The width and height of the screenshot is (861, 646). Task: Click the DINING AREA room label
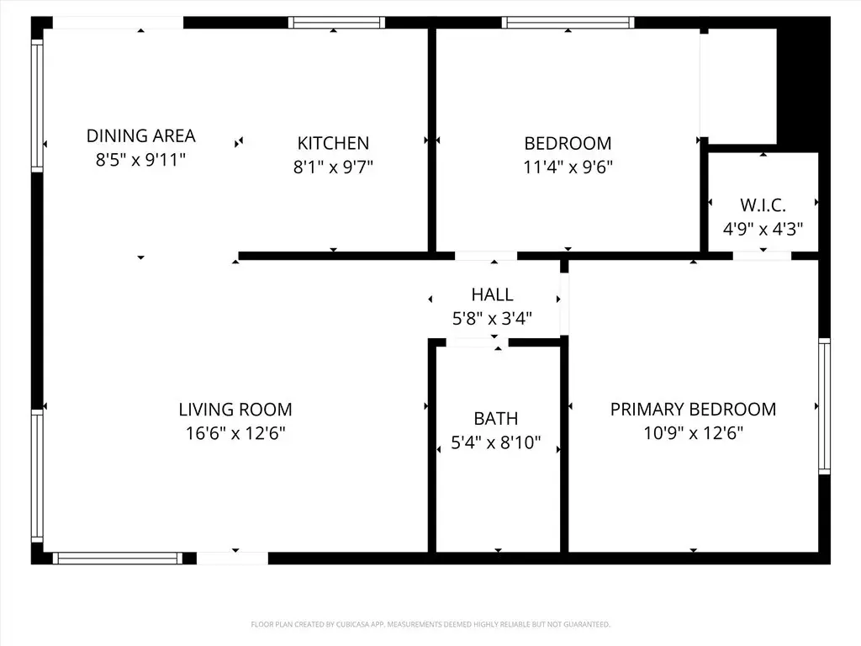click(x=140, y=135)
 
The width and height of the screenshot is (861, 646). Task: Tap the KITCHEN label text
click(x=333, y=143)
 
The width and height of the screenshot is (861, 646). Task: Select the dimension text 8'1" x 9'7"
click(x=333, y=167)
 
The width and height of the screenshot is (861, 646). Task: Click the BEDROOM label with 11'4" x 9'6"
click(x=568, y=143)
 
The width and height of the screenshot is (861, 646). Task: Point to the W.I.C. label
click(x=763, y=205)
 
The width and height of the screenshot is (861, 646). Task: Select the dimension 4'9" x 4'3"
click(x=763, y=229)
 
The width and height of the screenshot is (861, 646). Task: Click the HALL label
click(x=492, y=294)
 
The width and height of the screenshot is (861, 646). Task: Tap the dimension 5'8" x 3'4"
click(x=492, y=318)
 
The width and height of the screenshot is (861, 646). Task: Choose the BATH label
click(x=496, y=419)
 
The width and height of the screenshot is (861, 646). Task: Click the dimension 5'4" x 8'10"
click(x=496, y=442)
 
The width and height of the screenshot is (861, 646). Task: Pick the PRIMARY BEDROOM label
click(x=693, y=410)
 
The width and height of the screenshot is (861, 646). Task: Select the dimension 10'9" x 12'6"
click(x=693, y=433)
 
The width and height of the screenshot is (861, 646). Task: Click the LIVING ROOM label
click(x=235, y=410)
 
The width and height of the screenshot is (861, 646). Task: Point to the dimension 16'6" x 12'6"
click(x=235, y=433)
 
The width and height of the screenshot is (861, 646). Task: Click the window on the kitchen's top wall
click(x=336, y=23)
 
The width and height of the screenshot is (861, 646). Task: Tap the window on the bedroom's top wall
click(x=568, y=23)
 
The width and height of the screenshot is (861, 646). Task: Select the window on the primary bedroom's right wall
click(x=824, y=406)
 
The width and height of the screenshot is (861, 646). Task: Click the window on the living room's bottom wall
click(x=118, y=559)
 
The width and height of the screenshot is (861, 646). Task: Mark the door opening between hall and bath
click(x=477, y=343)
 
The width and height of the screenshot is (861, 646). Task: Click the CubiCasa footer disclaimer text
click(x=430, y=624)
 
